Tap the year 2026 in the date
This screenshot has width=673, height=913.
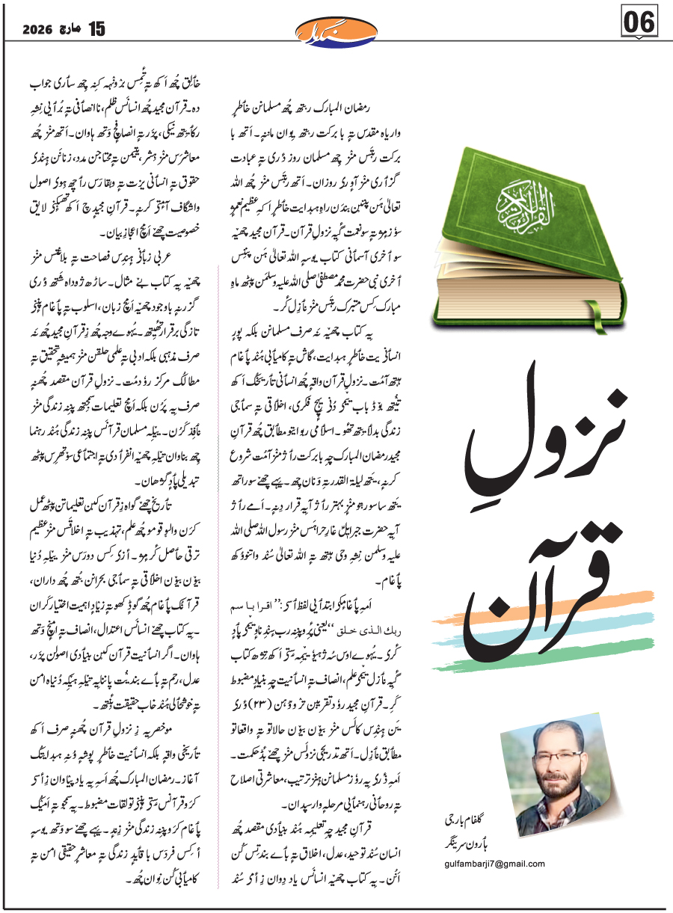pos(38,30)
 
